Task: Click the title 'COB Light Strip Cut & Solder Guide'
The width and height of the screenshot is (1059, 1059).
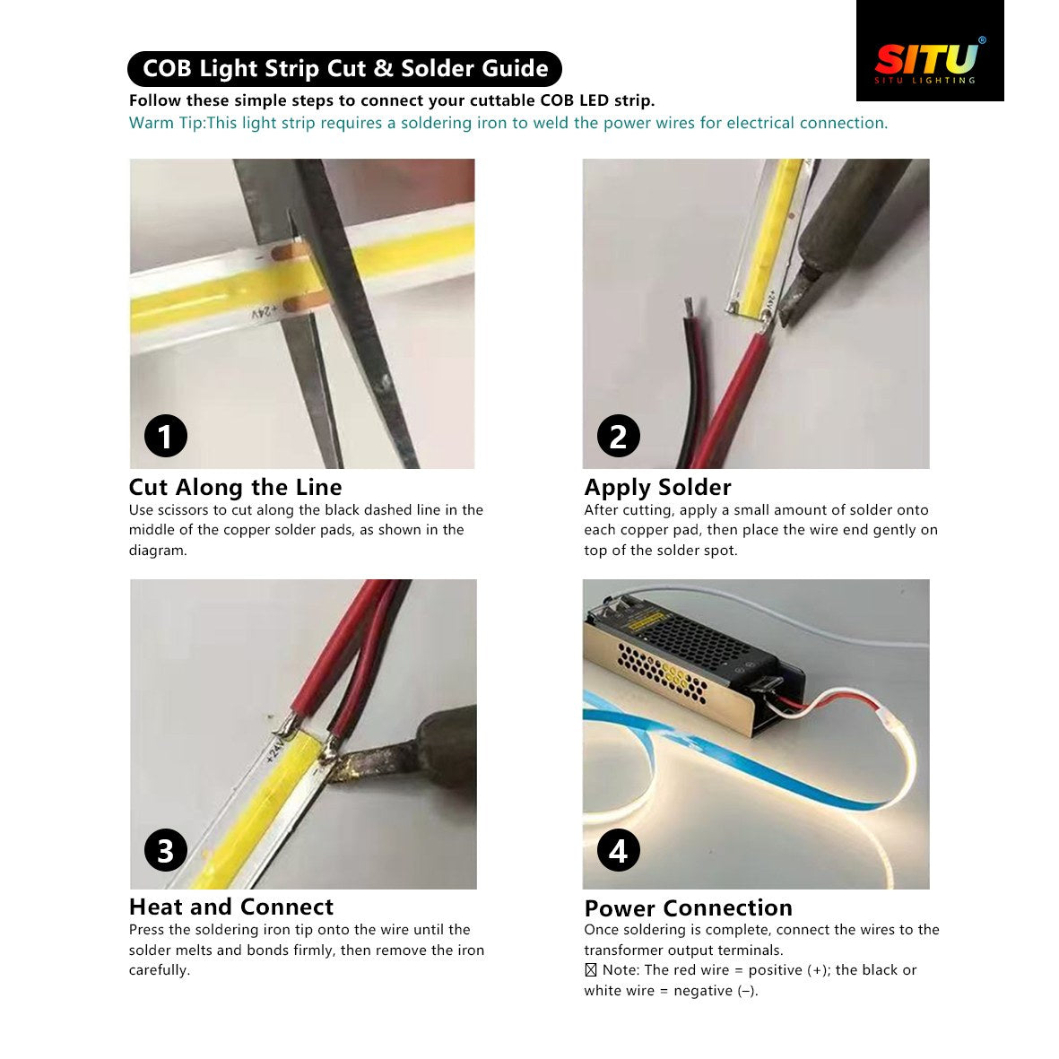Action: click(x=345, y=69)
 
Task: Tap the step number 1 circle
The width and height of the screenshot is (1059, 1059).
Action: click(x=166, y=437)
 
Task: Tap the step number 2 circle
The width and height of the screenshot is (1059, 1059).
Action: click(x=618, y=437)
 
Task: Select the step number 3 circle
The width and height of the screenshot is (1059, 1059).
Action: click(x=166, y=850)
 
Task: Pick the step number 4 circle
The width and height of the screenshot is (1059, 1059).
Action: click(x=618, y=850)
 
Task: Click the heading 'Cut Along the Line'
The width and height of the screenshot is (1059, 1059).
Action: click(x=235, y=487)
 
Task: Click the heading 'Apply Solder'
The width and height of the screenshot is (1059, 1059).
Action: click(x=657, y=487)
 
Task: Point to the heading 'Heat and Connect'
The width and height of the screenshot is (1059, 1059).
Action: click(x=230, y=907)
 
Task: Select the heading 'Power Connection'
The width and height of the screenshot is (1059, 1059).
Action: click(x=688, y=907)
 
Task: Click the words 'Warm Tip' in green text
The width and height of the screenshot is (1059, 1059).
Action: click(x=166, y=123)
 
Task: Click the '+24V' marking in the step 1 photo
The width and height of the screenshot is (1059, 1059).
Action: click(x=264, y=311)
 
